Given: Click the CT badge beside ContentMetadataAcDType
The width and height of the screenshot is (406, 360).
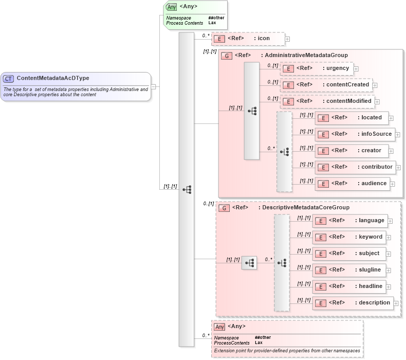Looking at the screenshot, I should pos(8,79).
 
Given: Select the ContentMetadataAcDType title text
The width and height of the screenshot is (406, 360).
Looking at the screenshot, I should pos(53,78).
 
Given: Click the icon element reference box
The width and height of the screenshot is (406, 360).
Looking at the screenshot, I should pos(248,39).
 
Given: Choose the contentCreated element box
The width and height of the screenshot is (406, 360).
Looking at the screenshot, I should pos(326,85).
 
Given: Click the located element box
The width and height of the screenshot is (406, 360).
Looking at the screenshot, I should pos(352,118).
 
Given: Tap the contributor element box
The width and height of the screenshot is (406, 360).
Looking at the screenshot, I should pos(355,167).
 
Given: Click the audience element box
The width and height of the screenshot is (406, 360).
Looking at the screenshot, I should pos(352,184).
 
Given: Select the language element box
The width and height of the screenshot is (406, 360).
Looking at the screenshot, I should pos(349,221).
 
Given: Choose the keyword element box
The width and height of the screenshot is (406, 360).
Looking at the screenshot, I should pos(349,237).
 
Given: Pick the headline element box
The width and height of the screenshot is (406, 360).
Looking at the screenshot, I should pos(349,286).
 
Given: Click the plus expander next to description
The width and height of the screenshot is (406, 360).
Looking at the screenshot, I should pos(396,303).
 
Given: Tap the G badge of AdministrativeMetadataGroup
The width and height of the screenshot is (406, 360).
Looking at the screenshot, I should pos(226,56).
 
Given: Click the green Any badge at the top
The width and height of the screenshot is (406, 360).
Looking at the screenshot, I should pos(172,7).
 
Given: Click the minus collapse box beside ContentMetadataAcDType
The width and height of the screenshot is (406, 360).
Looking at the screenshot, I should pos(153,86).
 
